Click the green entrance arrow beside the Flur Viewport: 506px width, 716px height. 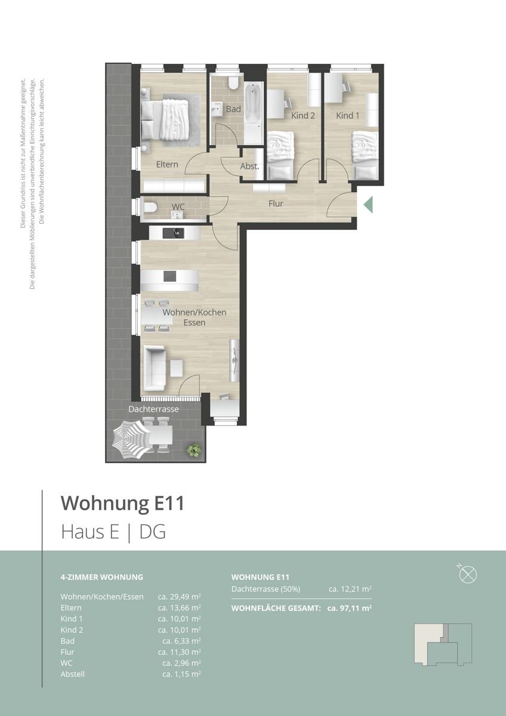click(368, 204)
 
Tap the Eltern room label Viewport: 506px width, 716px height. click(167, 164)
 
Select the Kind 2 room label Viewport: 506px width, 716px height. click(303, 115)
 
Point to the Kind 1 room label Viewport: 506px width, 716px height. click(348, 115)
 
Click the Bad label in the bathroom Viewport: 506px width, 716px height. click(233, 109)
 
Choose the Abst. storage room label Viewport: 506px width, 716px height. click(249, 166)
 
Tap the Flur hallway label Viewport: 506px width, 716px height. click(276, 203)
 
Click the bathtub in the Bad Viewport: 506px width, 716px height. click(252, 105)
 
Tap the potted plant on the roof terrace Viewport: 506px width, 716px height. click(193, 450)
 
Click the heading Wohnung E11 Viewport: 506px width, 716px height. click(122, 503)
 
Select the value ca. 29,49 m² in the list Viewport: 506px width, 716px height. click(179, 596)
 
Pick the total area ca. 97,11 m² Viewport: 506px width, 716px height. click(350, 608)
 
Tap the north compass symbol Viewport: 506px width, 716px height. click(469, 574)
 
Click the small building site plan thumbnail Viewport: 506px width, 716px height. click(443, 644)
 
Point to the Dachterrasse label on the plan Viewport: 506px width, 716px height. click(154, 409)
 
